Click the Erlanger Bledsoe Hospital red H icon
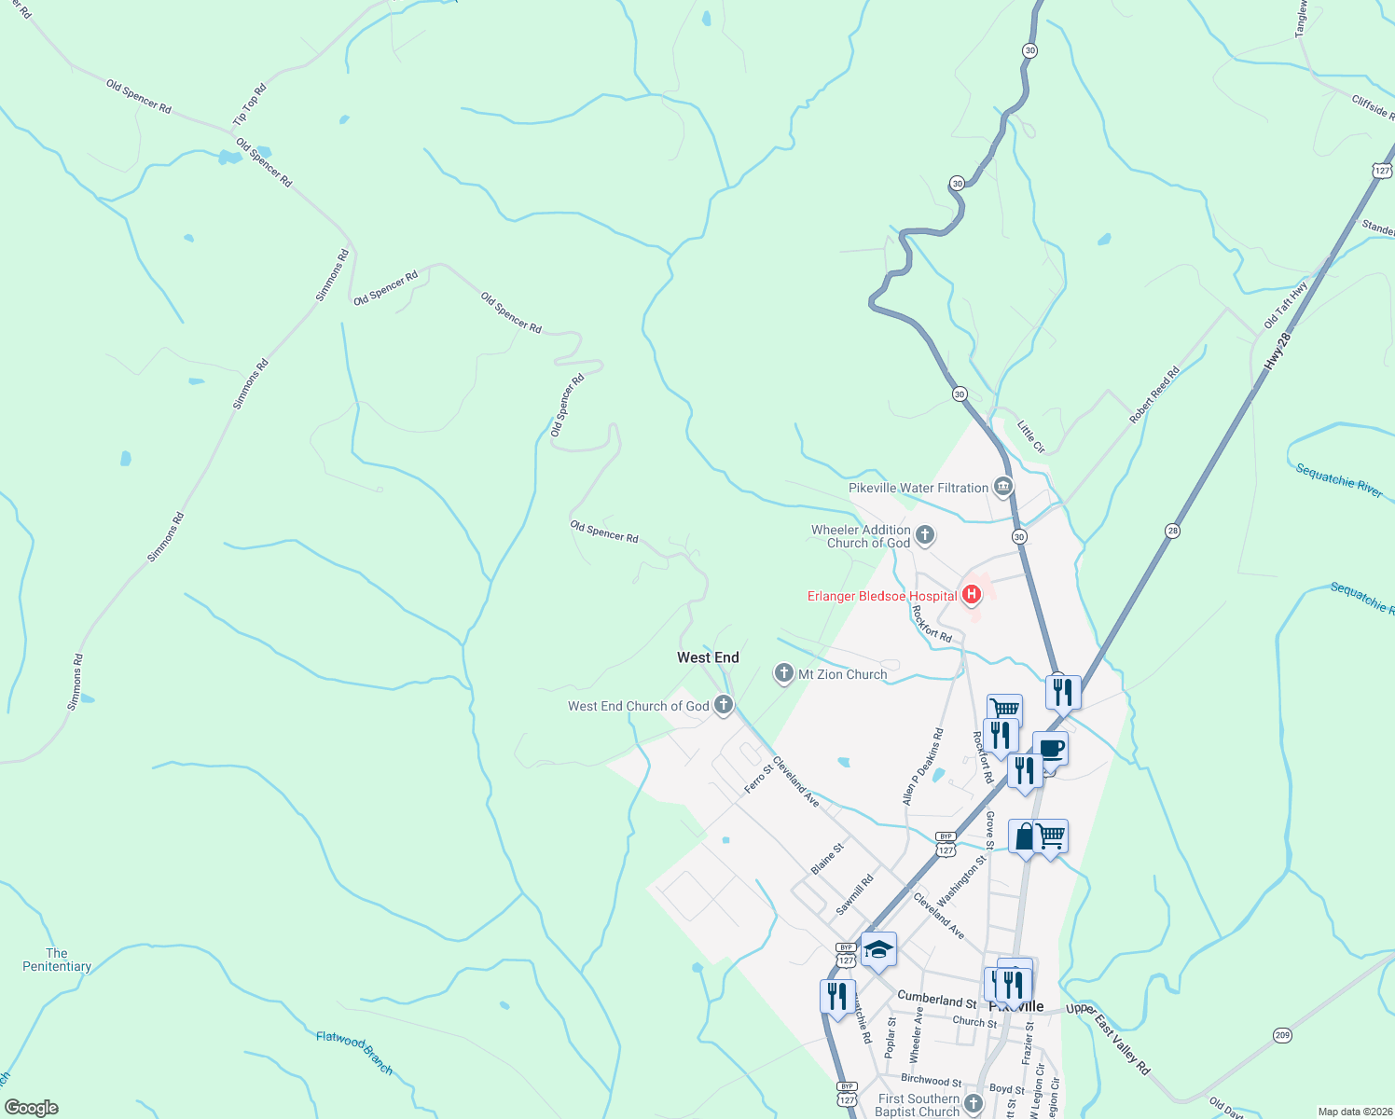tap(971, 594)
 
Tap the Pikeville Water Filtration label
tap(918, 488)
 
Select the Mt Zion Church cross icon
tap(784, 673)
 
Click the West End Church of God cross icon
tap(723, 705)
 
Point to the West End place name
tap(708, 657)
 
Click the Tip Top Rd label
tap(249, 104)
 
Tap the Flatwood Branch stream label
tap(354, 1052)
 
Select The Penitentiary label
tap(57, 960)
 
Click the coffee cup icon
tap(1050, 749)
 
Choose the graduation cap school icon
tap(878, 950)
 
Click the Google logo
tap(32, 1108)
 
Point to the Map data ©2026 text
tap(1354, 1112)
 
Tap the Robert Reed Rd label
tap(1154, 395)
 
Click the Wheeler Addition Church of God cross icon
tap(925, 534)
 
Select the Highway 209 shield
tap(1282, 1035)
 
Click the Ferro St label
tap(759, 780)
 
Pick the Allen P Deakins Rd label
tap(923, 767)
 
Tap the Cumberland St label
tap(936, 999)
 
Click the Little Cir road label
tap(1030, 435)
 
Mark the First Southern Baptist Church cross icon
tap(974, 1104)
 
